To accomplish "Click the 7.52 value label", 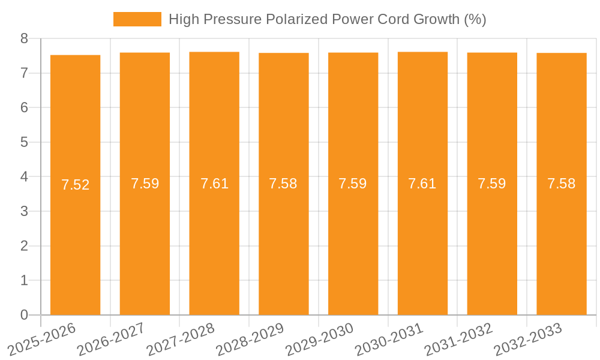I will tap(75, 185).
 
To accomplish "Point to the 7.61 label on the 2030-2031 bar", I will tap(422, 184).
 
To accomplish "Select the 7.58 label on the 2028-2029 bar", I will tap(283, 184).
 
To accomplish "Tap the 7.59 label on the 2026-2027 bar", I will tap(145, 184).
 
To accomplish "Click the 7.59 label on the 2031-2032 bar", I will tap(492, 184).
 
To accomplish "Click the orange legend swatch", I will tap(137, 19).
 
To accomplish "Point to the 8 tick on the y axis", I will tap(24, 39).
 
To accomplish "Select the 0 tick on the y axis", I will tap(24, 315).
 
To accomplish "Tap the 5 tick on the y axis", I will tap(24, 143).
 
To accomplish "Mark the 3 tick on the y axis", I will tap(24, 212).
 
